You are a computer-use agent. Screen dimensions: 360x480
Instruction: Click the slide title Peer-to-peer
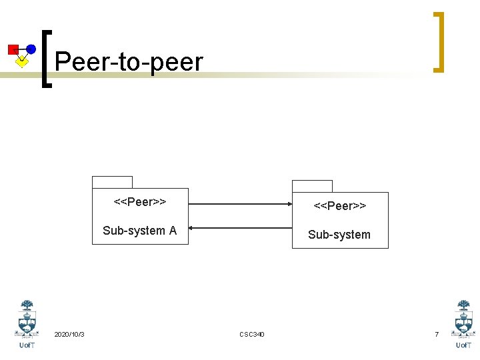click(x=129, y=62)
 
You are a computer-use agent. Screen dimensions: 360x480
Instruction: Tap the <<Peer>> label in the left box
click(x=140, y=201)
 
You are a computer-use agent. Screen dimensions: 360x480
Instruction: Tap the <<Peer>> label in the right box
click(x=340, y=205)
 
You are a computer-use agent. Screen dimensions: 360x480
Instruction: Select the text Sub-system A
click(x=140, y=231)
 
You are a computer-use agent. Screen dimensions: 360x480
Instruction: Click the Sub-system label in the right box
click(x=339, y=235)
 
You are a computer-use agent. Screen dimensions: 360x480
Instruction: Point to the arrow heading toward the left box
click(x=240, y=227)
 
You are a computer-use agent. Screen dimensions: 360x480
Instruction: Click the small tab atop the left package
click(x=112, y=182)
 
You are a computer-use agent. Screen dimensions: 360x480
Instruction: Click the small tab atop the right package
click(x=312, y=186)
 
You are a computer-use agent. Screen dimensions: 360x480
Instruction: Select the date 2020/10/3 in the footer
click(x=69, y=334)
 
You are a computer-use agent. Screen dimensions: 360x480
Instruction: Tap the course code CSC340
click(x=252, y=334)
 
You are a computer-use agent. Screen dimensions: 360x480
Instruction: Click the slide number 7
click(x=437, y=334)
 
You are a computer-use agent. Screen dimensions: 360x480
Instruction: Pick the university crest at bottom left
click(x=27, y=319)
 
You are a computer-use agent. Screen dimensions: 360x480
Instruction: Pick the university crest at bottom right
click(x=463, y=319)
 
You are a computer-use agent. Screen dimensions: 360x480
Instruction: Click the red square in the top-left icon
click(x=13, y=49)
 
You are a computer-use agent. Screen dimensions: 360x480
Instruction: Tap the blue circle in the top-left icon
click(x=31, y=49)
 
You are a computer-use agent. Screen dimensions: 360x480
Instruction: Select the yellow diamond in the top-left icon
click(x=22, y=62)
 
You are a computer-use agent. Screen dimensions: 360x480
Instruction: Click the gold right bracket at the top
click(x=437, y=41)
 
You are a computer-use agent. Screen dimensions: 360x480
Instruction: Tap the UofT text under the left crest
click(x=27, y=345)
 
